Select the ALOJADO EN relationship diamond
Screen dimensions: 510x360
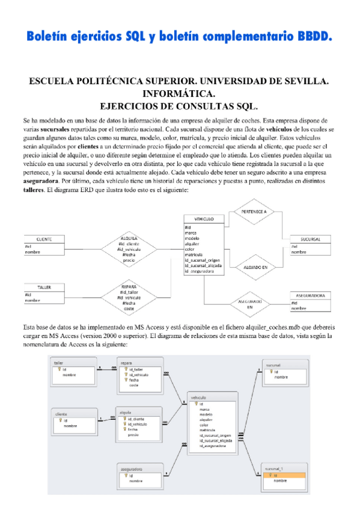tap(255, 265)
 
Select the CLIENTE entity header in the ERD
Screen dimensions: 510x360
tap(44, 239)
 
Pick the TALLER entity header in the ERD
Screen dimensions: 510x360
tap(43, 287)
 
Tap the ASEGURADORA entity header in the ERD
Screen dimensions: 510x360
tap(311, 296)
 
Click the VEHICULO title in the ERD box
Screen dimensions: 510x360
tap(204, 219)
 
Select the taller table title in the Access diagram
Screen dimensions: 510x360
tap(59, 363)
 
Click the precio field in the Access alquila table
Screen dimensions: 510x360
tap(133, 434)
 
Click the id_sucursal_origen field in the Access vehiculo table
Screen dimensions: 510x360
tap(213, 434)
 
